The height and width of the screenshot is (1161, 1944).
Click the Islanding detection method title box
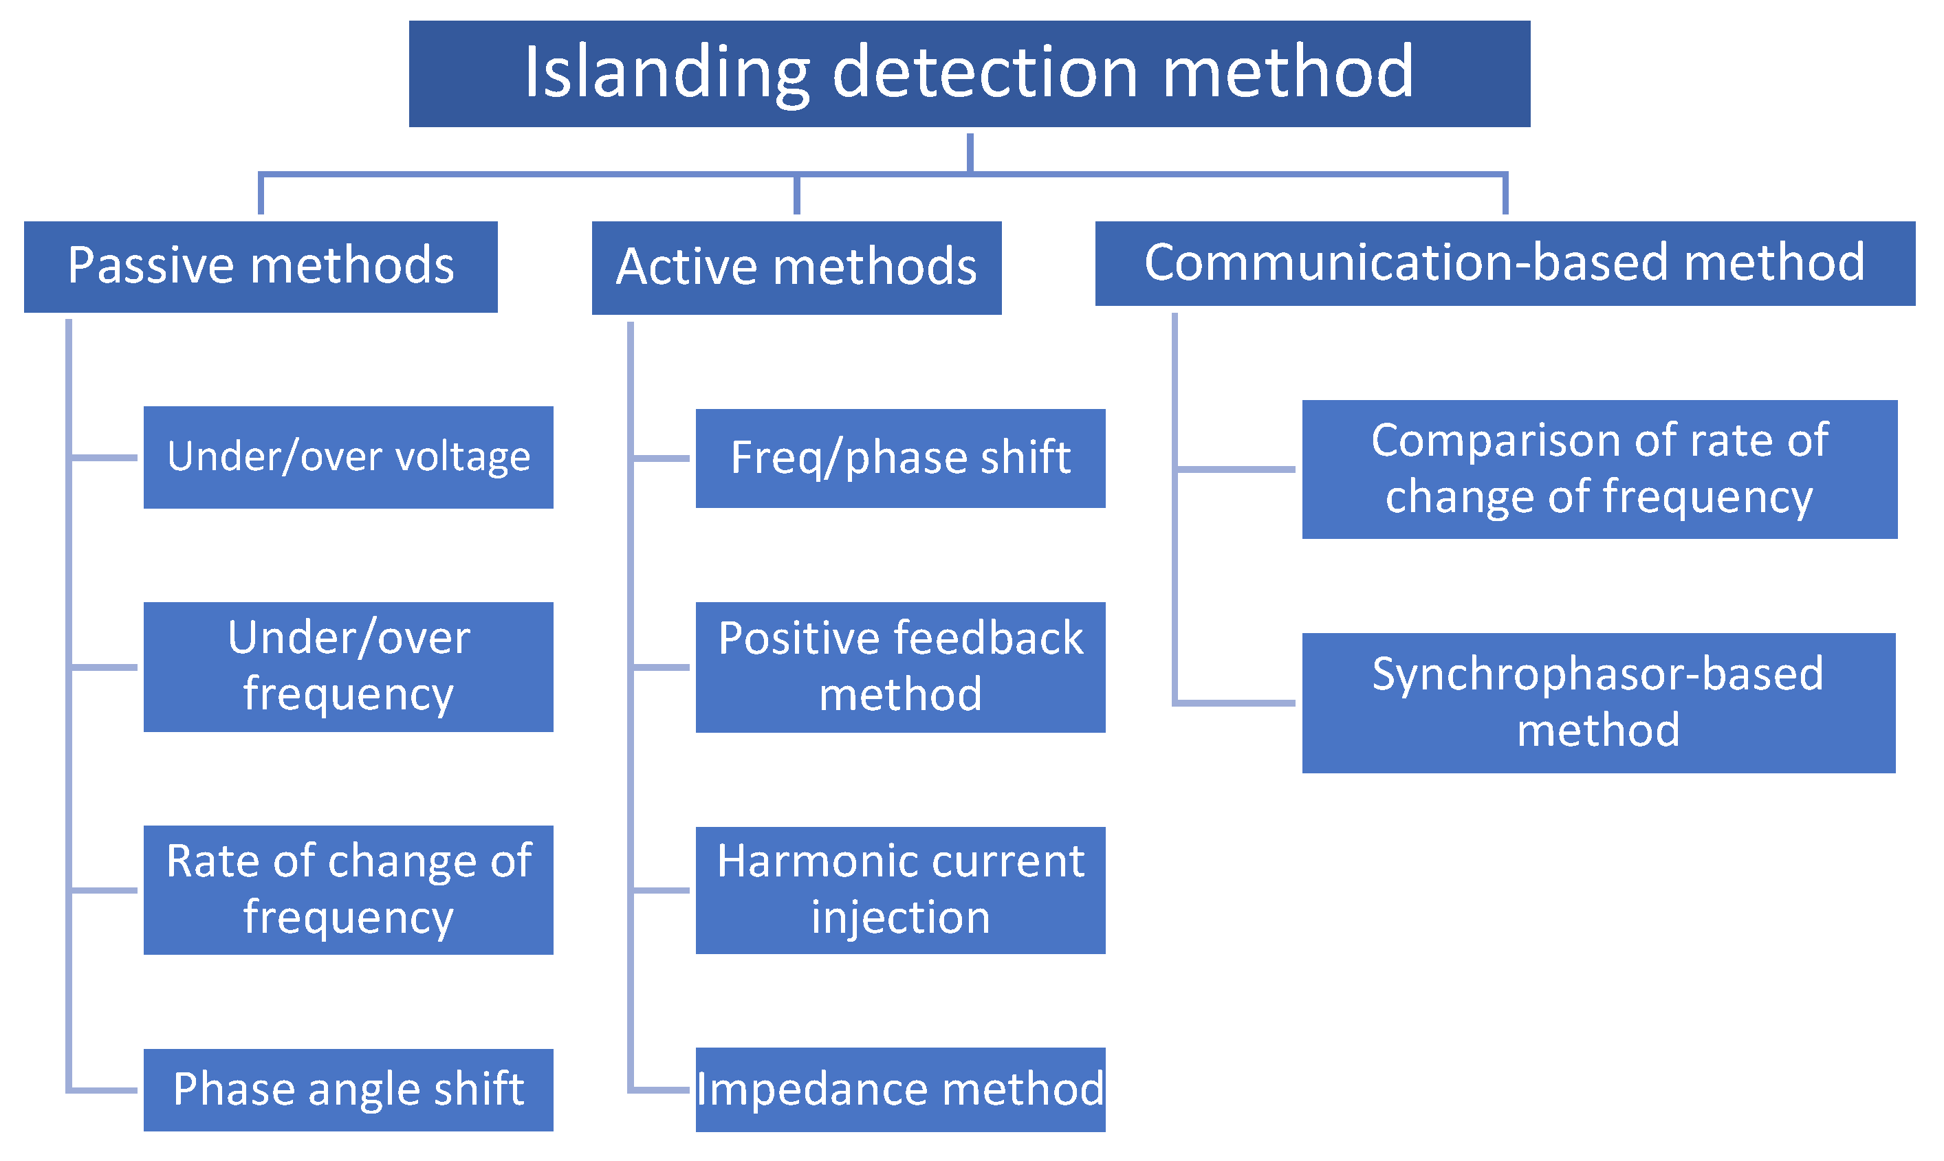(x=969, y=74)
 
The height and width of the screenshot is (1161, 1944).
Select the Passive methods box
(x=261, y=267)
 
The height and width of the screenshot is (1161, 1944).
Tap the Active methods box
(x=796, y=267)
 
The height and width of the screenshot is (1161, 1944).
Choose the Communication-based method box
(x=1504, y=264)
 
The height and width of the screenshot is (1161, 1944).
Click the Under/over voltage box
(x=348, y=457)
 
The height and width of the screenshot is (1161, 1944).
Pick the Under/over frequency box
(x=348, y=667)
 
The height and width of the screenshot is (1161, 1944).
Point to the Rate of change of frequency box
(x=348, y=889)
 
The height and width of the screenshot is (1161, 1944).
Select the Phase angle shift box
(x=348, y=1089)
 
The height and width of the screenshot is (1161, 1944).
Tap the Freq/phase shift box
(x=900, y=458)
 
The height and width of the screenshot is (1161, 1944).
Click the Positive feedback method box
(x=900, y=667)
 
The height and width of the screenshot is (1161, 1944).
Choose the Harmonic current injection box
(x=900, y=889)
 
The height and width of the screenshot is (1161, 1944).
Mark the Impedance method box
(x=900, y=1089)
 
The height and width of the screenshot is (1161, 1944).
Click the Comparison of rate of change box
(x=1599, y=469)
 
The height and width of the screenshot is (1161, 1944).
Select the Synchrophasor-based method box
(x=1598, y=703)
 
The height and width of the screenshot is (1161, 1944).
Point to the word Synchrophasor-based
(x=1597, y=674)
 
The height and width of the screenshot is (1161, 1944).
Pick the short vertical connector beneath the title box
(x=970, y=152)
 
